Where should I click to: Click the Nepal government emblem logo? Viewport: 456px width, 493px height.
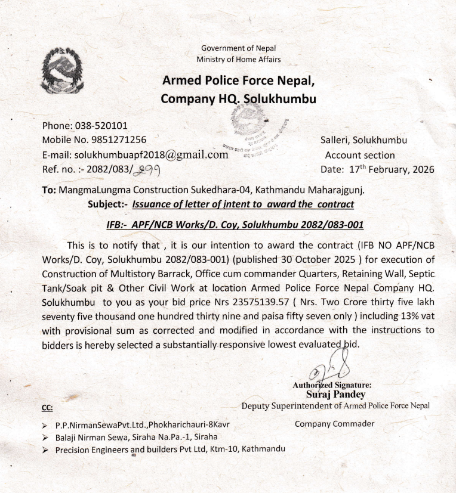[61, 73]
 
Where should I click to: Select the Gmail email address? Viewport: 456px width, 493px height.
[152, 154]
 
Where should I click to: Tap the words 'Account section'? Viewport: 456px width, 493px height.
[360, 155]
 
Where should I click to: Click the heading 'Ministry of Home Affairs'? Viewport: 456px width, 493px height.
[238, 59]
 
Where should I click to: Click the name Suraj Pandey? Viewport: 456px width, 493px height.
[335, 394]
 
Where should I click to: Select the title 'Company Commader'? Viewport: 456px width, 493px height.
[334, 424]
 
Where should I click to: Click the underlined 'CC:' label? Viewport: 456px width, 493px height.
[47, 408]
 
